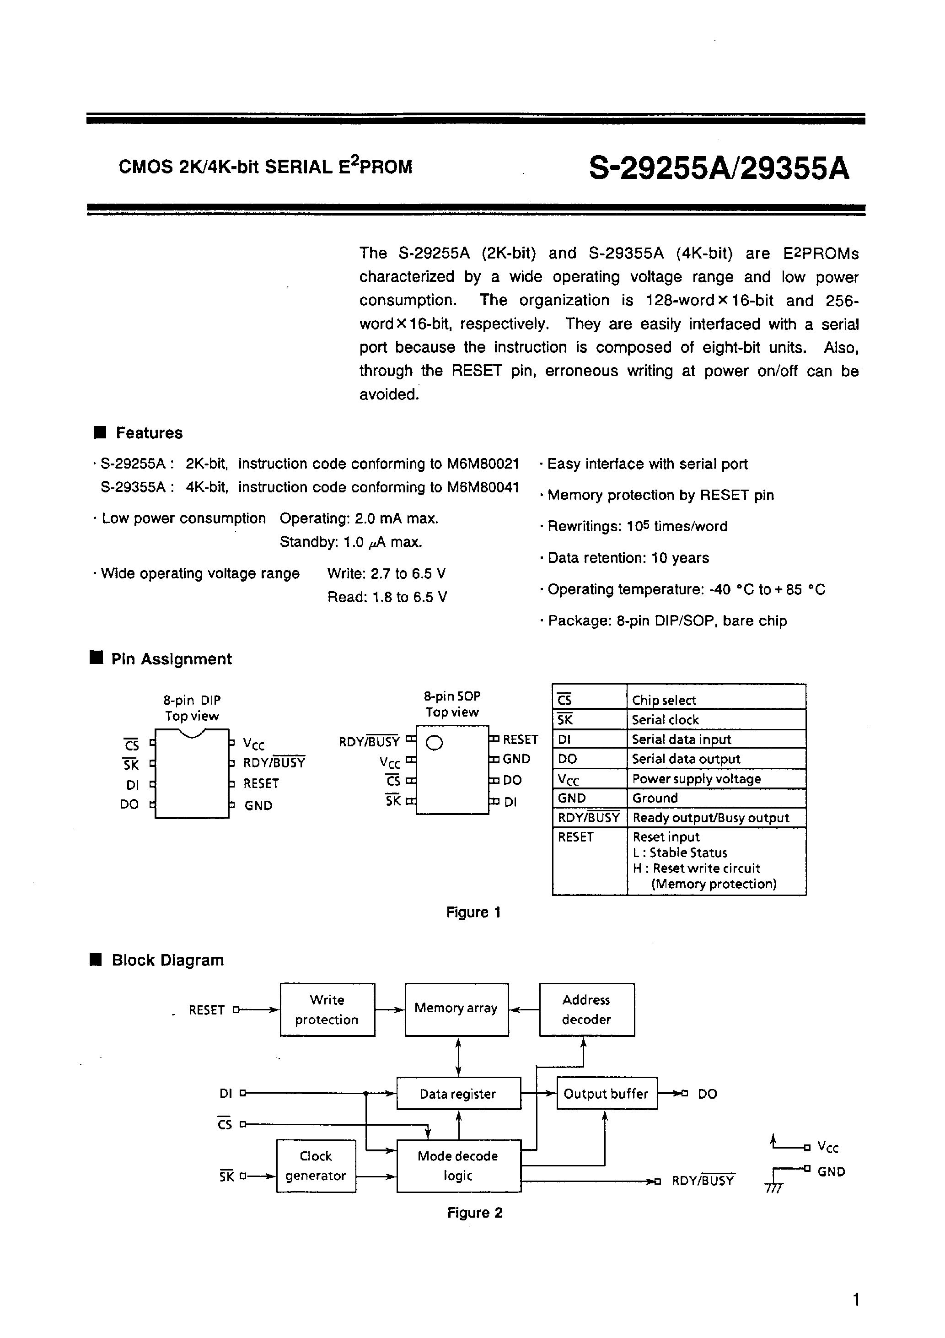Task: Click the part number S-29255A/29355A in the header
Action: (x=719, y=169)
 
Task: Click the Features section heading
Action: (x=149, y=433)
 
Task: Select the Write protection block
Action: (x=327, y=1010)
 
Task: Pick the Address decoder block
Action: (x=586, y=1010)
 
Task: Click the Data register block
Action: (x=458, y=1094)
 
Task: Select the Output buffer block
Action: (x=606, y=1094)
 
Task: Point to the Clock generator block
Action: (x=316, y=1166)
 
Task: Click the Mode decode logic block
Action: (x=458, y=1166)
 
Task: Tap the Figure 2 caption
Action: (x=474, y=1213)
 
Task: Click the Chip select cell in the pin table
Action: (x=664, y=700)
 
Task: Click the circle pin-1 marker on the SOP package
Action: (x=435, y=743)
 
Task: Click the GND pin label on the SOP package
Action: (x=516, y=759)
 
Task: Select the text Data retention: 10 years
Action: (x=628, y=558)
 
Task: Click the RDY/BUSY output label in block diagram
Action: (x=703, y=1181)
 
